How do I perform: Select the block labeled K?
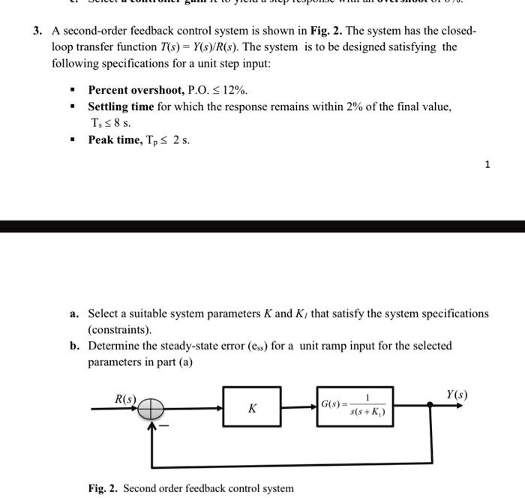[252, 407]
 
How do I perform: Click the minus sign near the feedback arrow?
[166, 426]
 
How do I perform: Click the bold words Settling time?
[121, 106]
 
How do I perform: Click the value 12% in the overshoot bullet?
[234, 90]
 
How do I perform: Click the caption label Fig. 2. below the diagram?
[103, 488]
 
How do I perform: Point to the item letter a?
[75, 313]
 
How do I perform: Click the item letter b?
[75, 346]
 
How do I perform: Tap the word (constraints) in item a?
[120, 329]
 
